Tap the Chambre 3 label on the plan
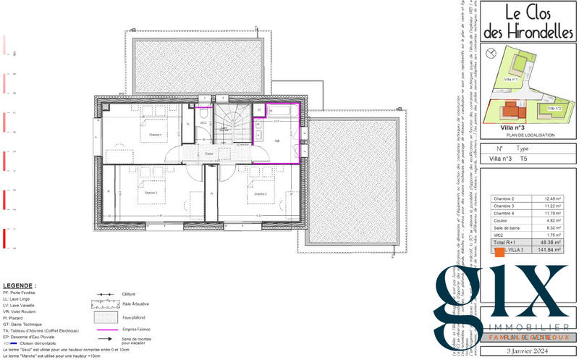tap(151, 193)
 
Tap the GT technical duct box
tap(258, 110)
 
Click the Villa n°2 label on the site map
tap(554, 108)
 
